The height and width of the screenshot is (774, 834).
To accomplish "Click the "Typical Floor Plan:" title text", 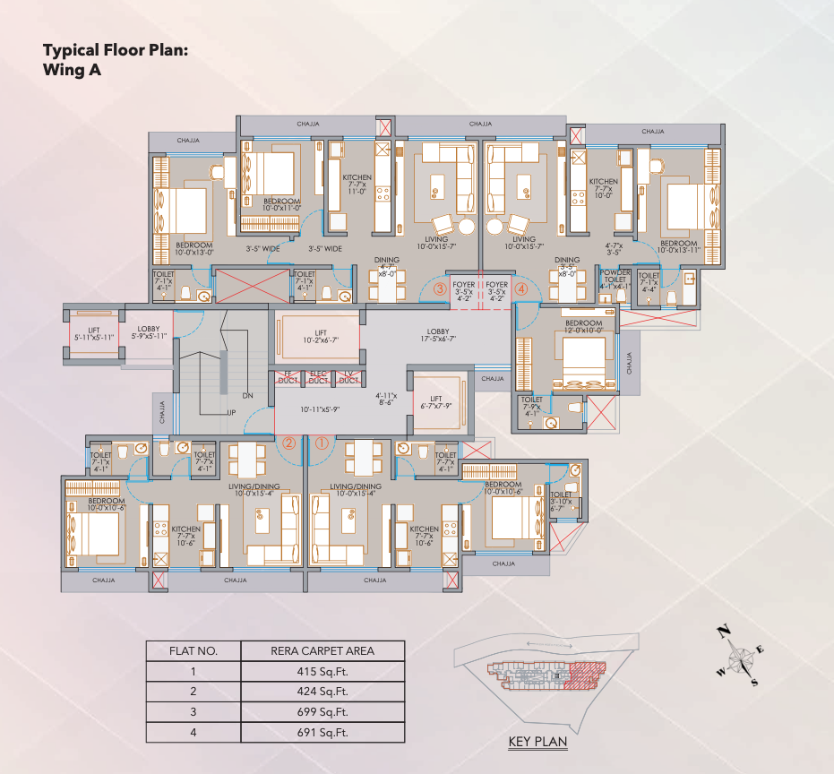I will [116, 51].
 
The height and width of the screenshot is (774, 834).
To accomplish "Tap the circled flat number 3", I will [440, 289].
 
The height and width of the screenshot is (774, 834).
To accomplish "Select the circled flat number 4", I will [521, 289].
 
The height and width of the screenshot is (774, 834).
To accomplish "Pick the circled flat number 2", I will [288, 442].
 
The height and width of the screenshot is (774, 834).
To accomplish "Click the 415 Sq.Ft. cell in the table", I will [322, 671].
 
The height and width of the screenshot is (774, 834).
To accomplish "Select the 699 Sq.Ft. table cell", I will [322, 712].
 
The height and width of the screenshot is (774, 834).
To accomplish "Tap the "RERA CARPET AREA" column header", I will [322, 650].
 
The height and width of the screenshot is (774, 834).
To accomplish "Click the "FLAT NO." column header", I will [193, 650].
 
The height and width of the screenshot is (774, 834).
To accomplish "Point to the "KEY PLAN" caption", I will [537, 742].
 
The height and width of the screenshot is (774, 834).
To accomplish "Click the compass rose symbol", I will [743, 659].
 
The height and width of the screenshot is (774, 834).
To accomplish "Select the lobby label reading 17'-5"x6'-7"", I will [438, 335].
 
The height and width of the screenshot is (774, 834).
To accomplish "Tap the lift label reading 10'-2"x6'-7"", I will [320, 336].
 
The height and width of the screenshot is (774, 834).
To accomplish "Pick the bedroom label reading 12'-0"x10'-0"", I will [584, 326].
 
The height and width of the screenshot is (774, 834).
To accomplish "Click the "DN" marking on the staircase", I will [246, 395].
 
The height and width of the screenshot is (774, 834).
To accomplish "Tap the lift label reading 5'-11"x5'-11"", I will [94, 332].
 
